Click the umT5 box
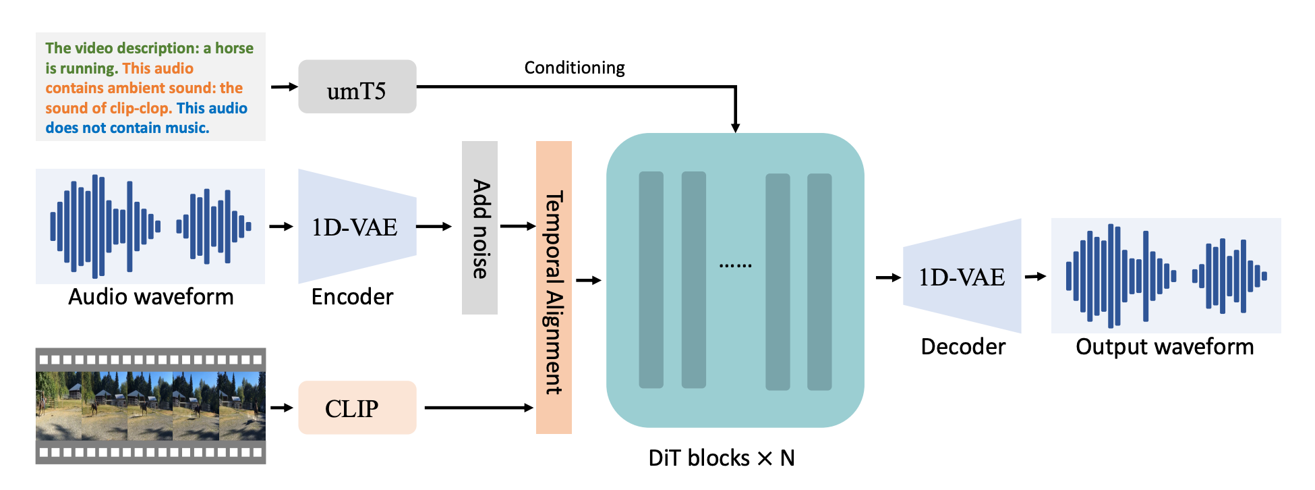coord(357,86)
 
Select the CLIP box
coord(357,408)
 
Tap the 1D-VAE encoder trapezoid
coord(357,226)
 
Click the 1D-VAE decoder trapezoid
coord(962,276)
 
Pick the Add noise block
coord(479,227)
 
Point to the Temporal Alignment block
coord(554,288)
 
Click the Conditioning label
coord(575,67)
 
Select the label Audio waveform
coord(151,297)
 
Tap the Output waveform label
coord(1165,347)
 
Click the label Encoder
coord(352,297)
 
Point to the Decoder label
coord(963,347)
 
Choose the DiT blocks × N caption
coord(722,458)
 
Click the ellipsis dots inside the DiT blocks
coord(735,265)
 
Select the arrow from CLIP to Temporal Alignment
coord(479,408)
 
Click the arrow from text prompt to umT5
coord(285,86)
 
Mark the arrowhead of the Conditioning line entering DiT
coord(736,128)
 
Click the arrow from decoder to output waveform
coord(1036,276)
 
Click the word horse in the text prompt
coord(234,48)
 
